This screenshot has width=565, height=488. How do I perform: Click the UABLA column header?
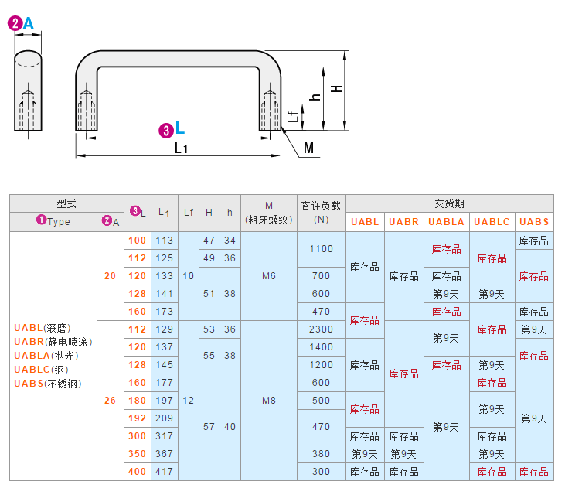pos(446,222)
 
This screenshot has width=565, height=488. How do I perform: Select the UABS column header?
pos(534,222)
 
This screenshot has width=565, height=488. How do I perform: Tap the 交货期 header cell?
pos(450,203)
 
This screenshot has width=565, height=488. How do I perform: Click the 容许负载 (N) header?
pos(321,213)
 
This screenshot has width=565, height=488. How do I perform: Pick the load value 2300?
pos(321,329)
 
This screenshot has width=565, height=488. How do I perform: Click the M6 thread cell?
pos(269,276)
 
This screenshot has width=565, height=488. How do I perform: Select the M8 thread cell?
pos(269,401)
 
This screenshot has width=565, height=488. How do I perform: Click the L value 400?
pos(137,472)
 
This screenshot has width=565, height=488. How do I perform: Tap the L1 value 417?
pos(165,472)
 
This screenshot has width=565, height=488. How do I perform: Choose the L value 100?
pos(137,241)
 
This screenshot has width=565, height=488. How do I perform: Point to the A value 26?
pos(110,401)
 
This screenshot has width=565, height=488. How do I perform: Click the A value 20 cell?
pos(110,276)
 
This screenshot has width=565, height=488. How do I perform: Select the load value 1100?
pos(321,249)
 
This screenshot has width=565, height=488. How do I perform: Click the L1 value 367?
pos(165,454)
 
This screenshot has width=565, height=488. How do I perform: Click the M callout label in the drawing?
pos(308,148)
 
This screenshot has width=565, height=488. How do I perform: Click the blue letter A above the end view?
pos(29,23)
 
